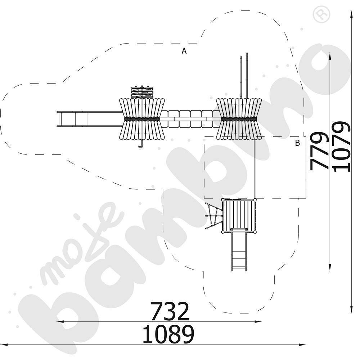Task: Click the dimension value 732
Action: pos(170,311)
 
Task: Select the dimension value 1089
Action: pos(168,334)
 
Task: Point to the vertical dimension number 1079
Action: pos(341,147)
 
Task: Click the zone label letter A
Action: pos(184,51)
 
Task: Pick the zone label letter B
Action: pos(297,143)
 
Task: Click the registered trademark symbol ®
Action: pos(321,14)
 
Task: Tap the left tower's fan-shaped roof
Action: pos(142,119)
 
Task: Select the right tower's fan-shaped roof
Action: pos(239,119)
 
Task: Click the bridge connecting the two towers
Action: pos(190,119)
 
